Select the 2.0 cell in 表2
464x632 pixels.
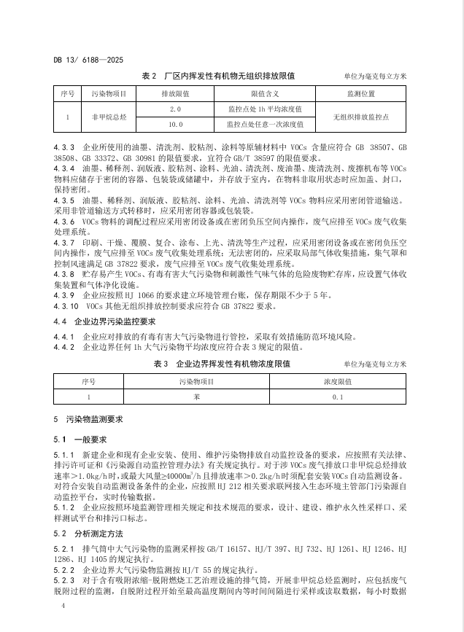tap(174, 109)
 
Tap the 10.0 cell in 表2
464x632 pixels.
tap(174, 124)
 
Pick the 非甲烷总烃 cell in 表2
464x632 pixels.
tap(109, 116)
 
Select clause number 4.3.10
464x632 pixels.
tap(66, 306)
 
